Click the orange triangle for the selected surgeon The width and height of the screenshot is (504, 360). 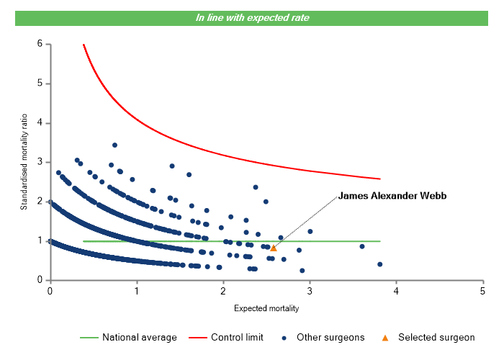tap(274, 248)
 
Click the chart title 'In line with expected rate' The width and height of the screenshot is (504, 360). tap(252, 17)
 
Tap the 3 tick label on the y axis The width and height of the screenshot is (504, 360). tap(39, 162)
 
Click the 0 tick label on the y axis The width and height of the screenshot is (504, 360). tap(39, 280)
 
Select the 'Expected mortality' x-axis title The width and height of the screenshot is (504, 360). tap(266, 309)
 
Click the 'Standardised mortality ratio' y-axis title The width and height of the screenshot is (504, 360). tap(24, 162)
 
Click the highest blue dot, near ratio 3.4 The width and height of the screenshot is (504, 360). tap(114, 145)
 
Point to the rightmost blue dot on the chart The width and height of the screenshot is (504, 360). tap(379, 264)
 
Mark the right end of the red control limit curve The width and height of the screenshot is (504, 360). tap(379, 179)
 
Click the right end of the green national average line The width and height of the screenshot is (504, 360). tap(379, 241)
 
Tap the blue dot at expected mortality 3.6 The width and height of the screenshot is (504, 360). tap(362, 246)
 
